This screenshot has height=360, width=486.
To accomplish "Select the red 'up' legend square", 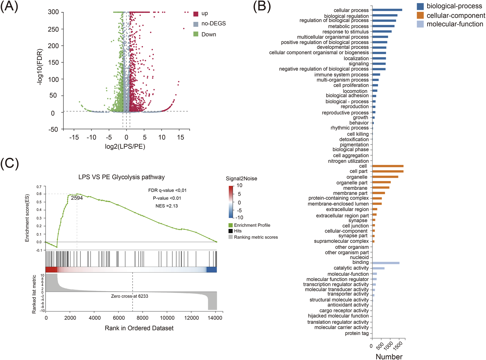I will (x=196, y=14).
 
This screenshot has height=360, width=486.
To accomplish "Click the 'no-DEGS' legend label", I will (x=213, y=24).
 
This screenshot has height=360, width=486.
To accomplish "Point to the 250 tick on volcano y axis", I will (x=53, y=29).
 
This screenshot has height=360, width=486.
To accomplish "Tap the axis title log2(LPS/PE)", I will (x=125, y=146).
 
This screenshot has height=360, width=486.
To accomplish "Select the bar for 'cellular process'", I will (x=387, y=10).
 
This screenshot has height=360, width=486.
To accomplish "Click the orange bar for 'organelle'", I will (x=385, y=177).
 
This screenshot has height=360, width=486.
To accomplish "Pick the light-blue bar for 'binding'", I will (x=386, y=263).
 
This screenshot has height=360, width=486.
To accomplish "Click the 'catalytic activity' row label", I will (x=351, y=268).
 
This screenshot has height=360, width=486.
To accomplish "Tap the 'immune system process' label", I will (x=341, y=75).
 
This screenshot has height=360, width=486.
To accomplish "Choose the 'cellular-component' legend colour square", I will (x=420, y=15).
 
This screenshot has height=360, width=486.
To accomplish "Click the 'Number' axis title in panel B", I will (x=389, y=356).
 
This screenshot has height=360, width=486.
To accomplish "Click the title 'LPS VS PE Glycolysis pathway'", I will (x=122, y=177).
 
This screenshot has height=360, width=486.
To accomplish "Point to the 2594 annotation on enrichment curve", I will (x=77, y=198).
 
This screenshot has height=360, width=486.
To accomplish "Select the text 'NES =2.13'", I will (x=167, y=206).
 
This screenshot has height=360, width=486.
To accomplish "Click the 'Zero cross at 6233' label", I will (x=129, y=296).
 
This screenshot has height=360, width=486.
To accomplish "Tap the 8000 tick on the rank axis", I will (x=143, y=318).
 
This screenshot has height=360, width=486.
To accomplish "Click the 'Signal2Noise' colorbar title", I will (x=241, y=179).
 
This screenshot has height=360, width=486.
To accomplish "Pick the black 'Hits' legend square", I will (x=230, y=231).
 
